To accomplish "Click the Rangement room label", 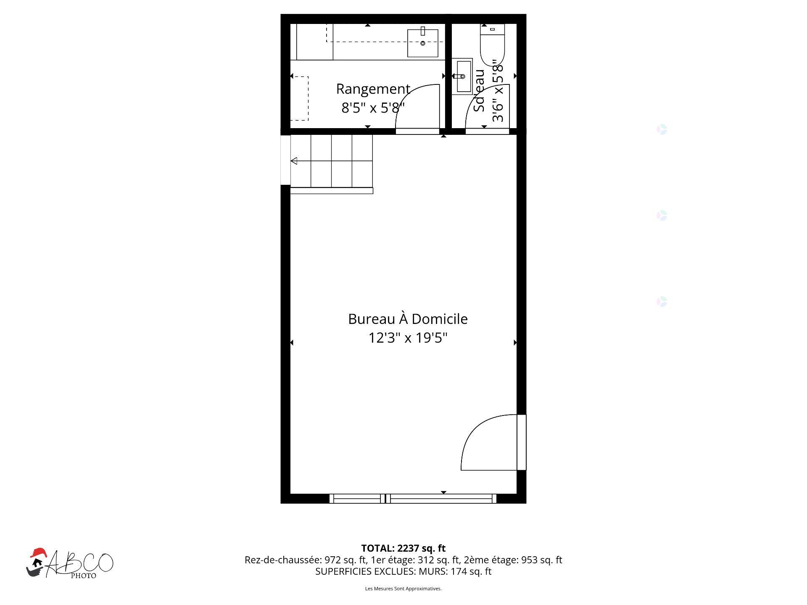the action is (373, 89).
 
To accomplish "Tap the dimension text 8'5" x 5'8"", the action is (373, 108).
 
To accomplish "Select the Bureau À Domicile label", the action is (408, 319).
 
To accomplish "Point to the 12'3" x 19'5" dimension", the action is (408, 338).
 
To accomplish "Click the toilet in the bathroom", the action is (492, 45).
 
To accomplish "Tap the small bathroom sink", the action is (462, 76).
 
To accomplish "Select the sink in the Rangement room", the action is (423, 43).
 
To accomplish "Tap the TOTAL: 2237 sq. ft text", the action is (403, 548).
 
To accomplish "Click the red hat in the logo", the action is (38, 552).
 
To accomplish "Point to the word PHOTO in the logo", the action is (83, 576).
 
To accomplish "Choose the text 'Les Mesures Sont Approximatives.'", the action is (403, 589).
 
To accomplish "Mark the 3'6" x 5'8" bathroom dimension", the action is (498, 90).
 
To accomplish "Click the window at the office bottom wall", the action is (413, 499).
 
